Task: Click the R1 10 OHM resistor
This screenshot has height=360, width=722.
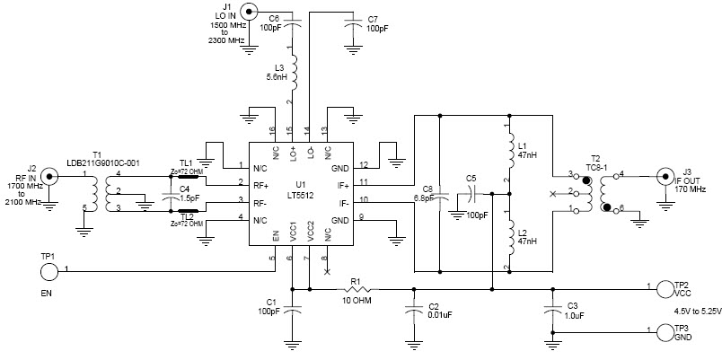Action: click(361, 289)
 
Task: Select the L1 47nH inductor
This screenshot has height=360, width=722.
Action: click(508, 148)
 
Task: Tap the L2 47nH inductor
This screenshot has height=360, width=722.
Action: click(508, 240)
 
